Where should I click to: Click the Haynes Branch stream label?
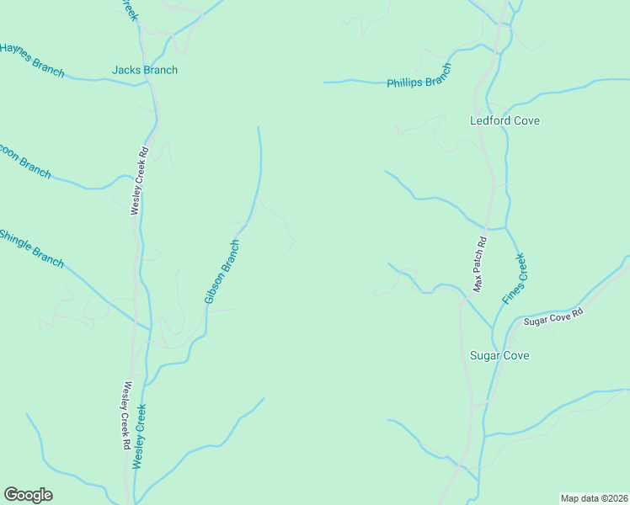32,59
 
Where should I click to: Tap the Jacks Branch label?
145,70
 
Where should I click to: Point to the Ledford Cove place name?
505,120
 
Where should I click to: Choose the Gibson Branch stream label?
222,272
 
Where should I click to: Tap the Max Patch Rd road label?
479,263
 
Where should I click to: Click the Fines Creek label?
513,278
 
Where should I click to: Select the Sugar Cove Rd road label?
553,316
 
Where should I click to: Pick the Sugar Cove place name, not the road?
499,355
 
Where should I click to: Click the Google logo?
28,495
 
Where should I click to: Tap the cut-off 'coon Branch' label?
25,161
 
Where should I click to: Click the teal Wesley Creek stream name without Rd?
140,436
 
